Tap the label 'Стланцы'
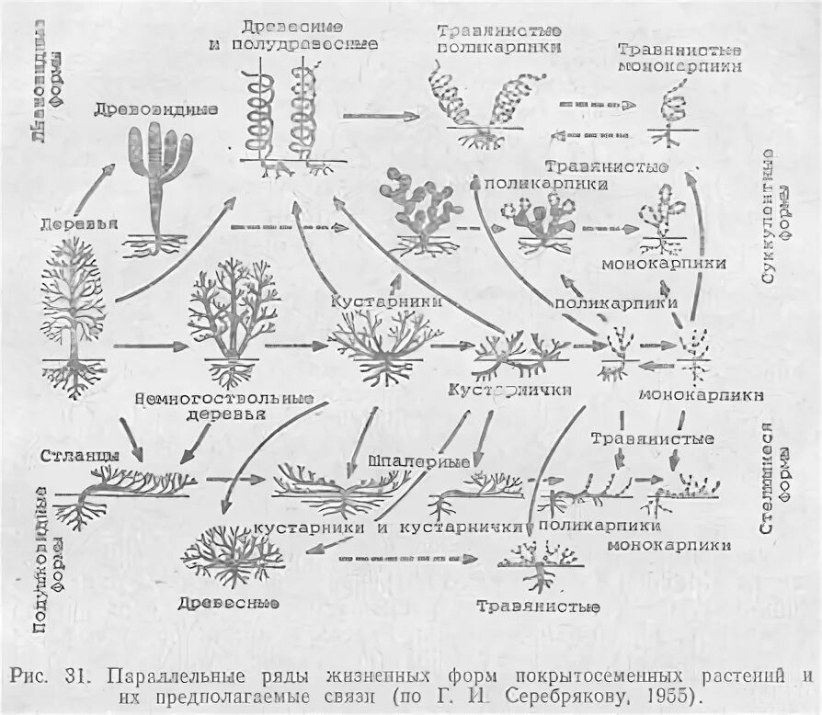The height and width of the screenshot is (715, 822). pos(79,456)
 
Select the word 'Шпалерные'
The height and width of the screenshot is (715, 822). pos(418,460)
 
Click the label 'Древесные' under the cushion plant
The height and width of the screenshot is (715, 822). pos(234,602)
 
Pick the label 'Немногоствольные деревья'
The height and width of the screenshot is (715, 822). pos(223,407)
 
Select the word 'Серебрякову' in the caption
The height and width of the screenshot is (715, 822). pos(560,697)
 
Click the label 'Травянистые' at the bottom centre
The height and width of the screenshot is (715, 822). pos(538,607)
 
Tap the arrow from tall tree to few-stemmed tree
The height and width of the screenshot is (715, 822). pos(147,346)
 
